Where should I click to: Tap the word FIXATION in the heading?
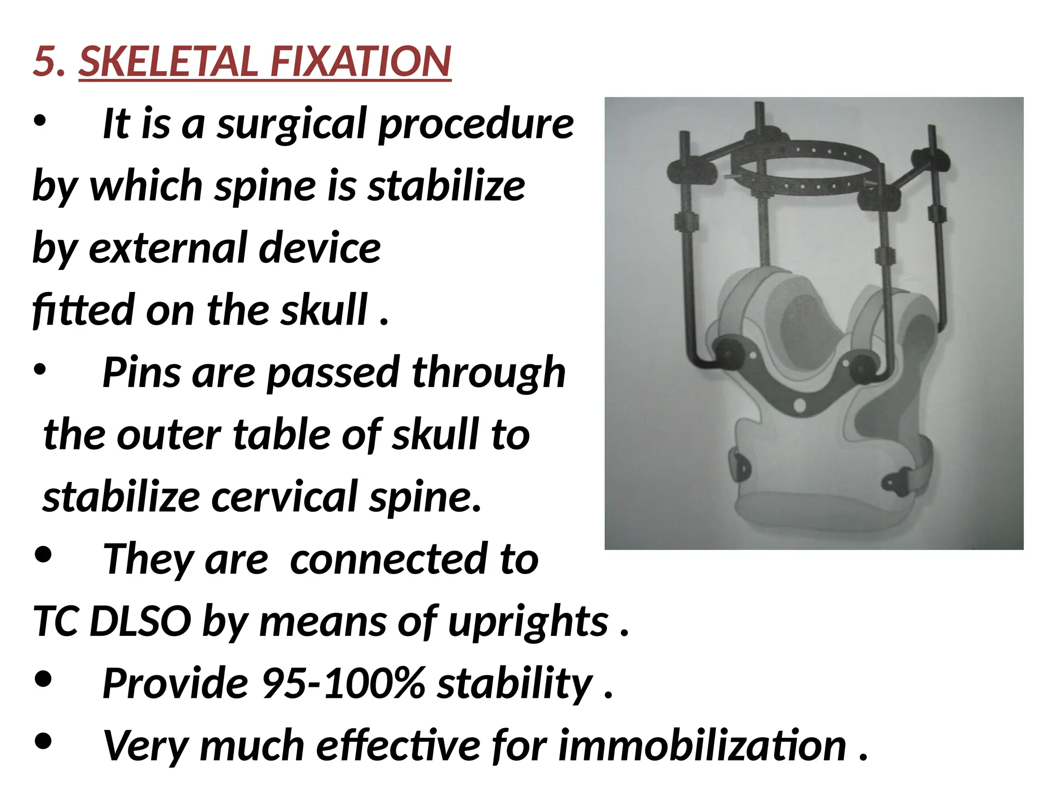click(x=361, y=62)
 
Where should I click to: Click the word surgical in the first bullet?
click(x=291, y=125)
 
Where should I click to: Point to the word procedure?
click(x=475, y=125)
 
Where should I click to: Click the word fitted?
click(x=83, y=310)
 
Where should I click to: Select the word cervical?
click(x=283, y=497)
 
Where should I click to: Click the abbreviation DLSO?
click(x=140, y=621)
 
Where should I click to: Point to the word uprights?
click(x=528, y=622)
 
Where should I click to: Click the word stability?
click(x=514, y=684)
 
